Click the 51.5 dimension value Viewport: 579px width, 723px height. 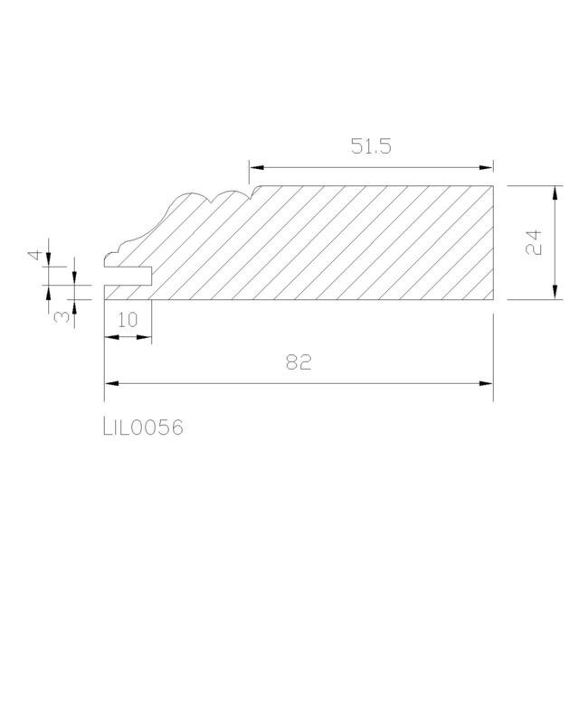click(371, 146)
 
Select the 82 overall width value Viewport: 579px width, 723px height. click(299, 362)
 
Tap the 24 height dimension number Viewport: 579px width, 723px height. click(534, 242)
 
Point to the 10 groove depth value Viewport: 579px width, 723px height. click(128, 320)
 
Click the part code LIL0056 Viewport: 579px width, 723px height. click(143, 427)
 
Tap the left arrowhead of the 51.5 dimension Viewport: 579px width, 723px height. click(256, 167)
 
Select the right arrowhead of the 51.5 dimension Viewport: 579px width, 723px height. click(486, 167)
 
